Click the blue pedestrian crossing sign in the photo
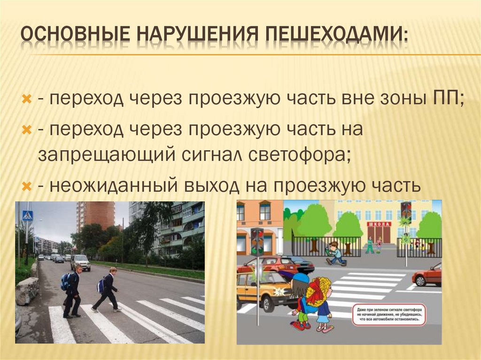point(28,216)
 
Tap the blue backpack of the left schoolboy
point(65,282)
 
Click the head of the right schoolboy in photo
point(113,270)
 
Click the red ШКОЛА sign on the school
point(378,224)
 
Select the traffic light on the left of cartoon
point(256,242)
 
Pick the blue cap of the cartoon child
point(301,278)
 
